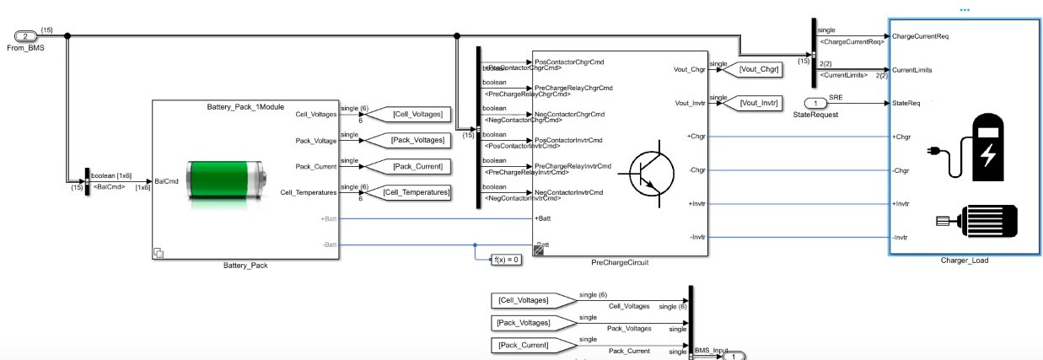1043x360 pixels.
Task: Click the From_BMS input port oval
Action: click(26, 36)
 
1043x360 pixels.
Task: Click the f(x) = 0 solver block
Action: click(507, 260)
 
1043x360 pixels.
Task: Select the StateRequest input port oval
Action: click(815, 103)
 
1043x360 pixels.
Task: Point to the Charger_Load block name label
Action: click(964, 261)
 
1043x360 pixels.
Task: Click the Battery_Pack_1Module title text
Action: click(245, 107)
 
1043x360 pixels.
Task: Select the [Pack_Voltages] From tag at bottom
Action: click(521, 322)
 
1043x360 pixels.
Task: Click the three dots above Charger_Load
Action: click(965, 10)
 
